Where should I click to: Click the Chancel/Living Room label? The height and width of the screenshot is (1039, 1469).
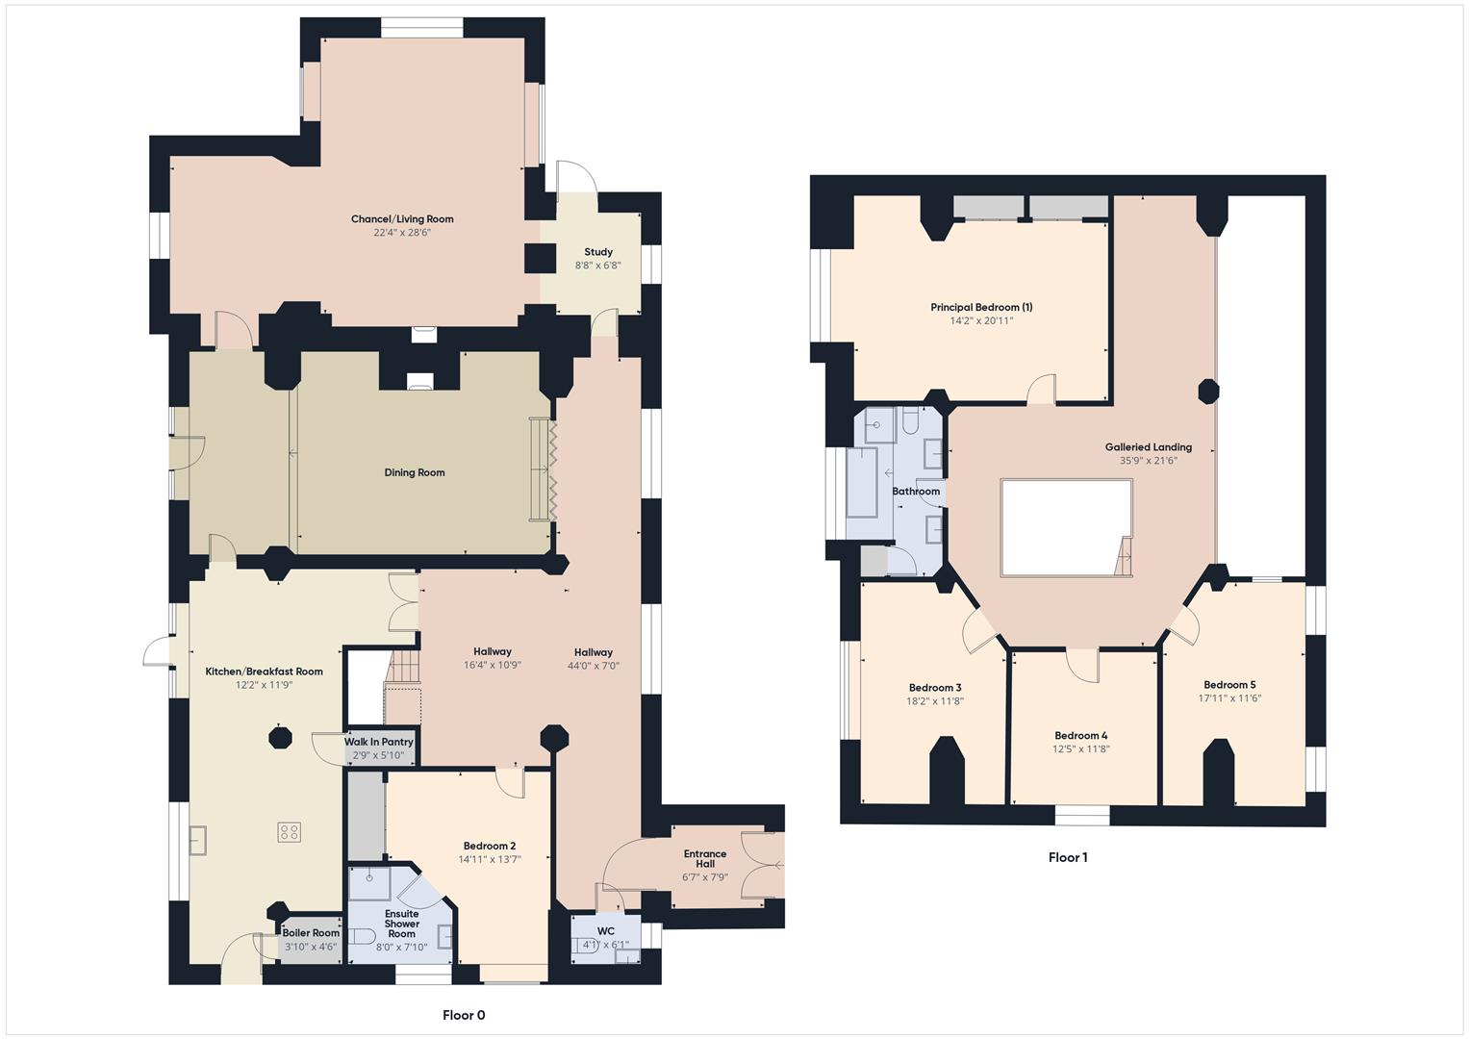(x=402, y=219)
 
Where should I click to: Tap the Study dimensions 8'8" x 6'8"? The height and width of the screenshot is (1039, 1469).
(x=597, y=266)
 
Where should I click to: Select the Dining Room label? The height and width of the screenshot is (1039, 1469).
(x=415, y=472)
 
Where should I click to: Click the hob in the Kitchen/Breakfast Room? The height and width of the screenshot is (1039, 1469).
(x=290, y=831)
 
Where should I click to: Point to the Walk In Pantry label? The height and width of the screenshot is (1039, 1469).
(x=379, y=742)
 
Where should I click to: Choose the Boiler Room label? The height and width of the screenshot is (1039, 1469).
(x=311, y=933)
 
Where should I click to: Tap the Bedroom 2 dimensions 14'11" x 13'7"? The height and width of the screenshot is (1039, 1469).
(x=489, y=860)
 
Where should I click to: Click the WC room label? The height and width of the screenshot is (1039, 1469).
(x=605, y=931)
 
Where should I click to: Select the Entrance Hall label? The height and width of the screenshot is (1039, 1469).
(x=705, y=858)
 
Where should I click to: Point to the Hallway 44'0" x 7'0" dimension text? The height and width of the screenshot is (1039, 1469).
(x=593, y=665)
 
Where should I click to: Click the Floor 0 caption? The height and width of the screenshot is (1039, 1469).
(x=464, y=1015)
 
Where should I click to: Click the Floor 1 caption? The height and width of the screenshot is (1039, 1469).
(x=1068, y=857)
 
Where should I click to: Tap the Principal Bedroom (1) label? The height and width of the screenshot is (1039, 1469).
(x=981, y=308)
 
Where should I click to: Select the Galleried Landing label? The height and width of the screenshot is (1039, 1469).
(x=1148, y=447)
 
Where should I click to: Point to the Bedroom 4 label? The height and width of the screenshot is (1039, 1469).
(x=1081, y=736)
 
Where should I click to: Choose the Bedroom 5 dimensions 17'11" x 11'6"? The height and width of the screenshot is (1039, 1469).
(x=1229, y=698)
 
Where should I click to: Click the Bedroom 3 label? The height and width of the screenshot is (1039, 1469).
(x=935, y=688)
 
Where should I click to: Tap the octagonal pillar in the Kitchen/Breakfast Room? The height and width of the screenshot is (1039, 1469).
(x=280, y=738)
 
